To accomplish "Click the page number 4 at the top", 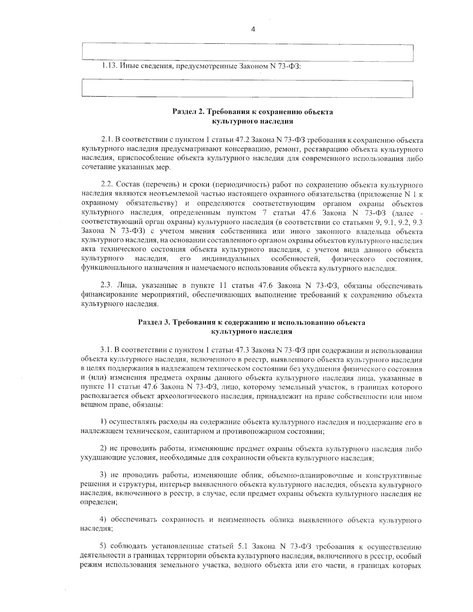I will (x=253, y=29).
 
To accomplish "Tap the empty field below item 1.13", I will (x=247, y=89).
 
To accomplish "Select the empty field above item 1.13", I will (x=247, y=52).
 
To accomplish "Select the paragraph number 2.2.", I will (x=108, y=184).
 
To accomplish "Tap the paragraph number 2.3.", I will (x=108, y=285).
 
